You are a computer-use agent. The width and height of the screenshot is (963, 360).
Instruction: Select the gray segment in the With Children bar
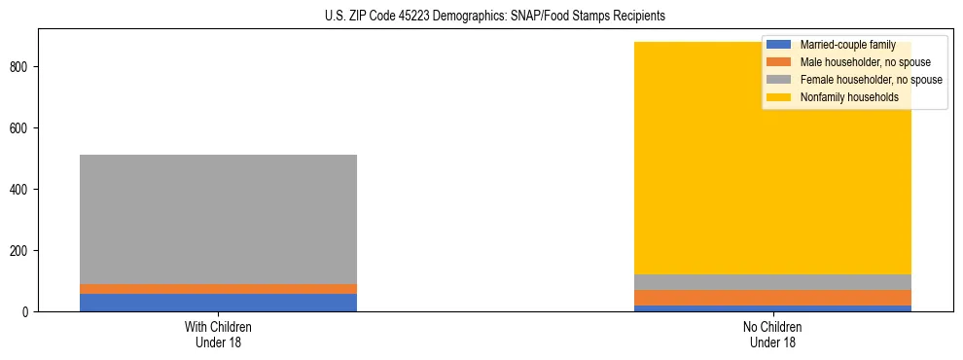(x=218, y=219)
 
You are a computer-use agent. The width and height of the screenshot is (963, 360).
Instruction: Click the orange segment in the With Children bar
(x=218, y=289)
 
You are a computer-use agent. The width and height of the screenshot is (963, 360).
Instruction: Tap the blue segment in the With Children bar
(x=218, y=303)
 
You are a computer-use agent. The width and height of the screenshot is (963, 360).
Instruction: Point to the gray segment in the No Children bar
(x=772, y=282)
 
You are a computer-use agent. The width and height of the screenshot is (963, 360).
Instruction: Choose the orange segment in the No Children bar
(x=772, y=298)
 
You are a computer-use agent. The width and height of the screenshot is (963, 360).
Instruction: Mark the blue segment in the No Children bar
(x=772, y=308)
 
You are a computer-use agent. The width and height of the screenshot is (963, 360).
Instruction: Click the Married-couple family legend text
(x=847, y=45)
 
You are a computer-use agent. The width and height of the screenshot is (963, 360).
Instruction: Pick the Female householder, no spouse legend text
(x=871, y=80)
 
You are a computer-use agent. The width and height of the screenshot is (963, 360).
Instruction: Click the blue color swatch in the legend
(x=779, y=45)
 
